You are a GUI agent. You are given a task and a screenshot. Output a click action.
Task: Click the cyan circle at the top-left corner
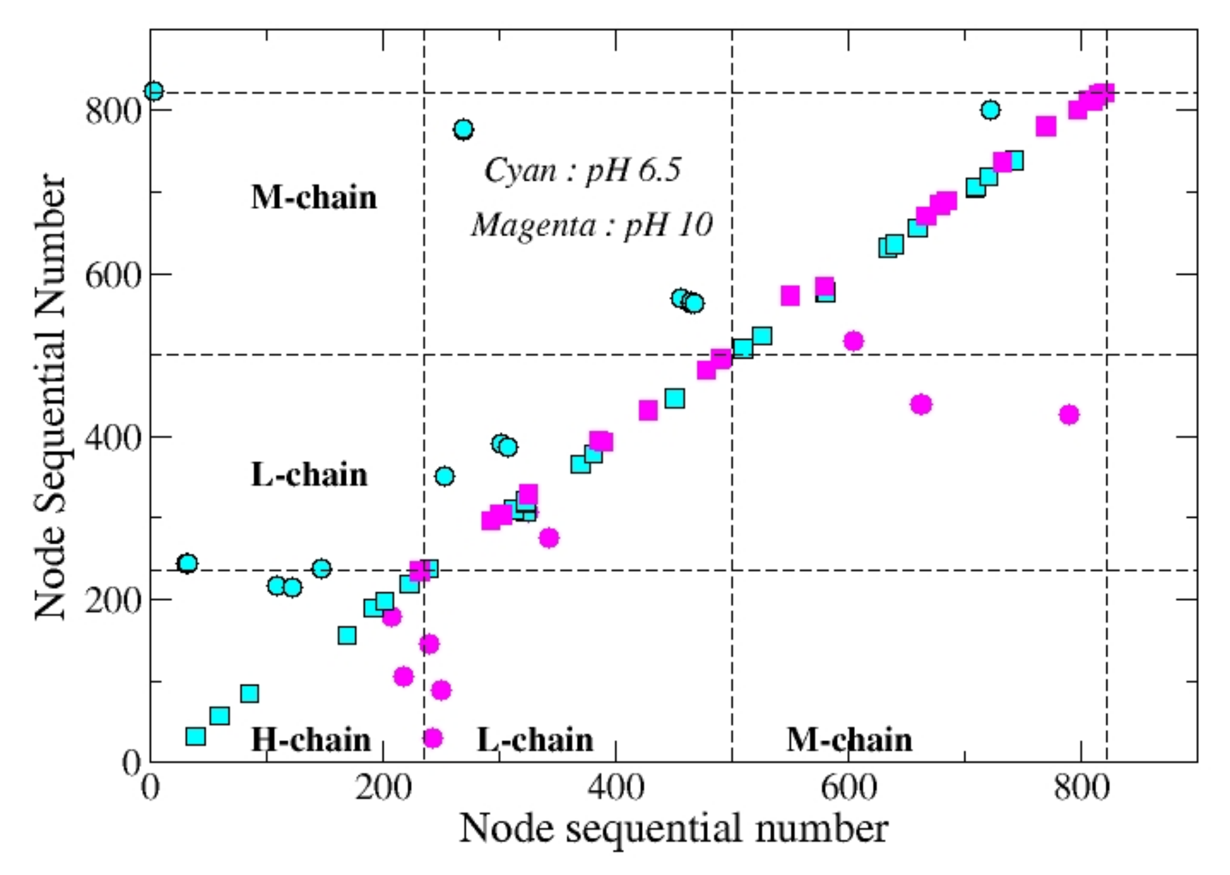(x=154, y=91)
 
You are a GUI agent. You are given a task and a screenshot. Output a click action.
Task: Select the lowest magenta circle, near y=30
(x=433, y=738)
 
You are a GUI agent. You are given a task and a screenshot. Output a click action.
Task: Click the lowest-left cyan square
(x=195, y=736)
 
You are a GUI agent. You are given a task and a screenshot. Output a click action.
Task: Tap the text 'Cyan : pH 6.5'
(x=582, y=171)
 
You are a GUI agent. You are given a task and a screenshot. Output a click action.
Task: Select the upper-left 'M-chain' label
(x=314, y=197)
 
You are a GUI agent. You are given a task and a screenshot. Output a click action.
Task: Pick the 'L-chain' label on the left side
(x=309, y=475)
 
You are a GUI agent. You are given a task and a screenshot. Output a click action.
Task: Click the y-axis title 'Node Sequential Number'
(x=50, y=396)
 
